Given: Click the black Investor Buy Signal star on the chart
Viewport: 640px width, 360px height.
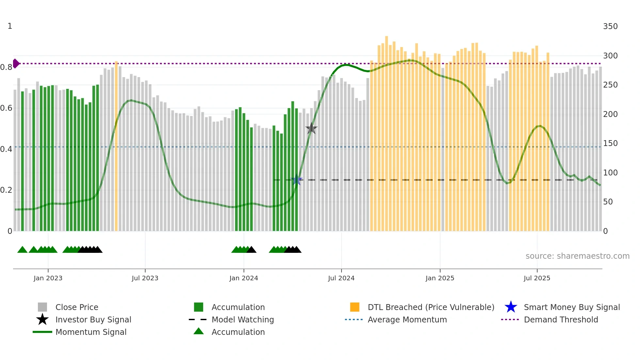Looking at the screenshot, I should [x=312, y=128].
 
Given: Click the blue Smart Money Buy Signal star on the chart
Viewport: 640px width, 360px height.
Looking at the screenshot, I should [x=296, y=180].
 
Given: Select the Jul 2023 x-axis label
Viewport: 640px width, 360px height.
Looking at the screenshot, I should [x=145, y=278].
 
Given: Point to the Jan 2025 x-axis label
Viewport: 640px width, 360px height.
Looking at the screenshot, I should [x=440, y=278].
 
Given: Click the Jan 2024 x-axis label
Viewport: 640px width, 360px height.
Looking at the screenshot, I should [x=244, y=278].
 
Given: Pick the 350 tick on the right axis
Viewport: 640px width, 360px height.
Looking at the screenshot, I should [x=610, y=26].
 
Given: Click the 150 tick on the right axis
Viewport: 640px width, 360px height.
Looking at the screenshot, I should [x=610, y=143].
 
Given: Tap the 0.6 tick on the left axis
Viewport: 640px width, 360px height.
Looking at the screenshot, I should [x=6, y=108].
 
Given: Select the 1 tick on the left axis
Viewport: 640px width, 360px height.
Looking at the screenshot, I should [x=10, y=26].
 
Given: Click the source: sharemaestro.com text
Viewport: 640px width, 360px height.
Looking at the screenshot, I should [x=577, y=256].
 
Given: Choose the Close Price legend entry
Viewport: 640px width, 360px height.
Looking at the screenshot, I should [x=77, y=307].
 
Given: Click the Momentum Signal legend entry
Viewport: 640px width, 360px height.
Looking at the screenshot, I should [x=91, y=332].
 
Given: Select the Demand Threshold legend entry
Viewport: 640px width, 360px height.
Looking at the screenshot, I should [x=561, y=319].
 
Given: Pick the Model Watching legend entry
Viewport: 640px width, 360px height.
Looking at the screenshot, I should [x=243, y=319].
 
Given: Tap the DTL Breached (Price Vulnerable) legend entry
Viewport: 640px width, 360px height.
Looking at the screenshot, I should [x=431, y=307].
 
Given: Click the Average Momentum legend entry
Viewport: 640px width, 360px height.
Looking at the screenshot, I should [x=407, y=319].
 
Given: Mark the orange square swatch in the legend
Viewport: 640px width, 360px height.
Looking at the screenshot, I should [x=355, y=307].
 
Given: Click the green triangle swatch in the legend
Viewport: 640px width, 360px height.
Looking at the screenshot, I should [x=199, y=331].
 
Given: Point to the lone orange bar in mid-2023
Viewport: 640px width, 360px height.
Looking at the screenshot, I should [x=116, y=146].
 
